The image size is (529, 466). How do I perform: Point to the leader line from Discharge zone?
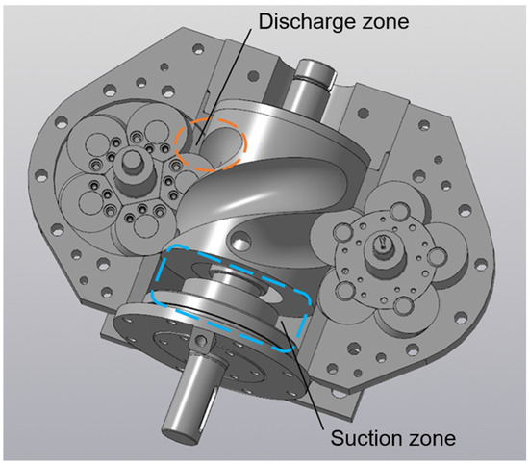tap(224, 86)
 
